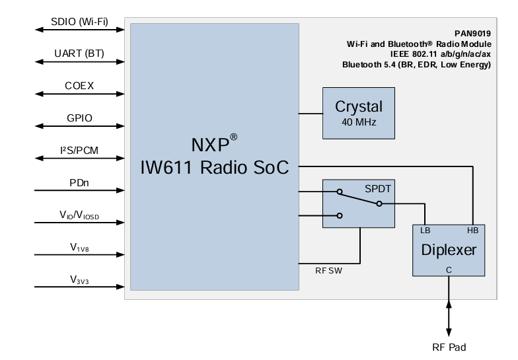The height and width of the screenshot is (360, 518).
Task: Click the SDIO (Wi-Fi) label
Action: coord(79,21)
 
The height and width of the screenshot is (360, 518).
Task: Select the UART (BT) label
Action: coord(79,53)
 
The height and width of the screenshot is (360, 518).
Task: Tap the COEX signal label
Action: coord(79,85)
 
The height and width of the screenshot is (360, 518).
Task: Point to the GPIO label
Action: coord(79,118)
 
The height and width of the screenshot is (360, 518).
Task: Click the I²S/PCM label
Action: coord(79,150)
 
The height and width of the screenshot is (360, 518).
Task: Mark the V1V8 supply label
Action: coord(79,247)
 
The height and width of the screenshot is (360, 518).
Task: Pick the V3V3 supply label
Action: coord(79,279)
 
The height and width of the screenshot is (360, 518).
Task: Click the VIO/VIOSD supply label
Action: coord(79,215)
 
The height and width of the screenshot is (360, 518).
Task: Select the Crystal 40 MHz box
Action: coord(358,113)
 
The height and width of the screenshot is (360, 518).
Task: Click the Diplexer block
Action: coord(449,250)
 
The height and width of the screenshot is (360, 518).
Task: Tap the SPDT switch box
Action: coord(358,203)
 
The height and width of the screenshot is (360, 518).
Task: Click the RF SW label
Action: coord(329,270)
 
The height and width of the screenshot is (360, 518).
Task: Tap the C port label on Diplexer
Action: coord(449,270)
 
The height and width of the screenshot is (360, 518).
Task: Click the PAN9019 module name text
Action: coord(472,32)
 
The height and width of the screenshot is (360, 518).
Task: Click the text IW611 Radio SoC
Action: coord(215,168)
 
